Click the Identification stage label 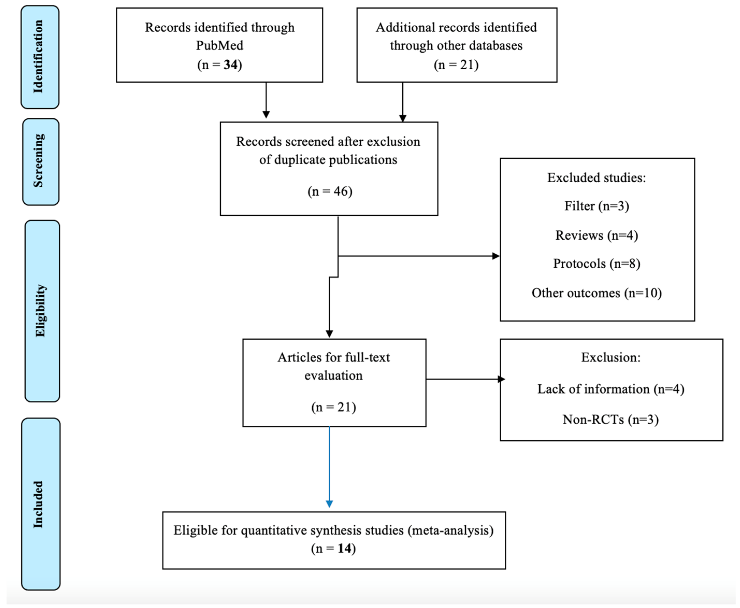pos(39,57)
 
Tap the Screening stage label pos(39,161)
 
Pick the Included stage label pos(39,504)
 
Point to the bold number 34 pos(230,65)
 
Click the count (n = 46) pos(330,191)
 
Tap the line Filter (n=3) pos(597,206)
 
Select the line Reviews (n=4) pos(597,235)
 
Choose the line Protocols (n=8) pos(597,264)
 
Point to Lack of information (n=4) pos(611,389)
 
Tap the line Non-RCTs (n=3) pos(611,420)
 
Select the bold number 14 pos(344,548)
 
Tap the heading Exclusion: pos(611,357)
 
